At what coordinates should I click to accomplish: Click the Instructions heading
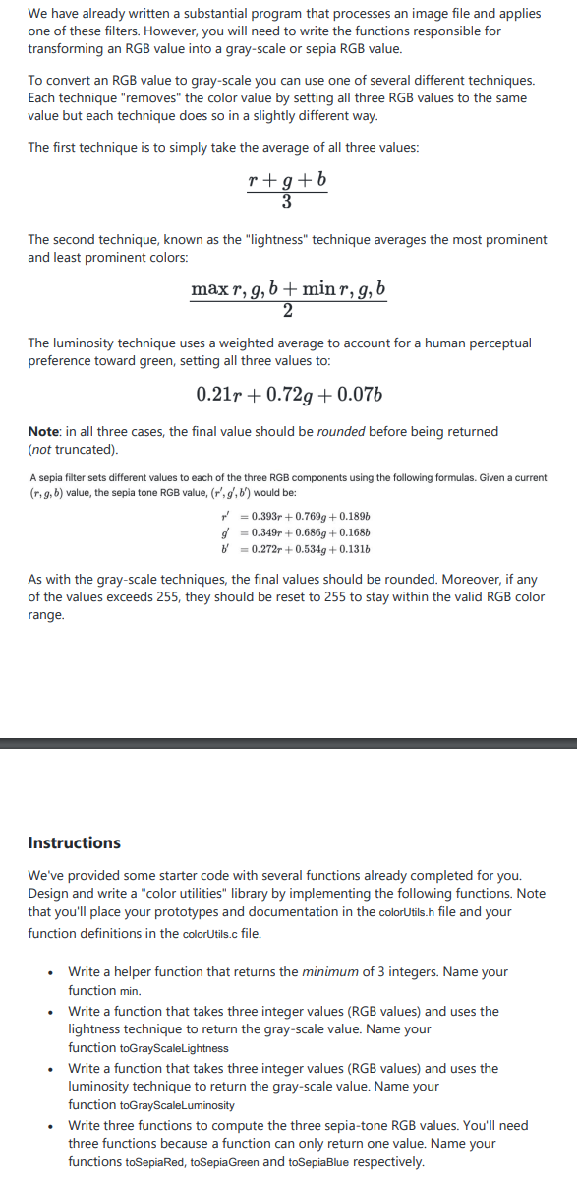(x=74, y=842)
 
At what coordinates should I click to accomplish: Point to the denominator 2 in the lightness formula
(x=287, y=311)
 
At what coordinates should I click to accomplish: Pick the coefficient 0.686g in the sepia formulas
(x=307, y=532)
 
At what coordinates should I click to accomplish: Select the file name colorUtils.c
(x=204, y=933)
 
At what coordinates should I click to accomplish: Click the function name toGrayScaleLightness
(x=147, y=1048)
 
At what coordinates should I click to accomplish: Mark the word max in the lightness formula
(x=209, y=289)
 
